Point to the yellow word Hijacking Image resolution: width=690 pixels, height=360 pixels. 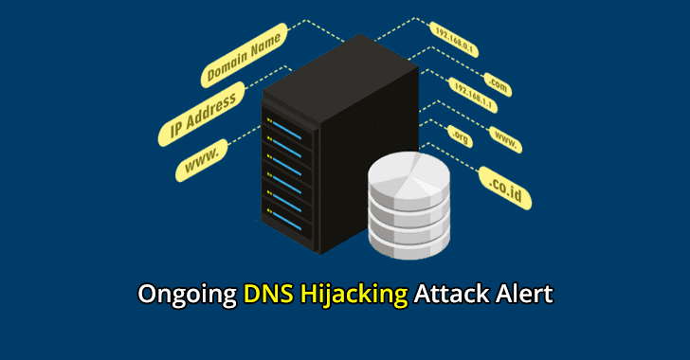[x=354, y=295]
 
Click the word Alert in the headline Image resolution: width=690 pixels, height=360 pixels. [x=522, y=295]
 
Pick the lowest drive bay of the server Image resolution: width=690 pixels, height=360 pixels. [x=289, y=225]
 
